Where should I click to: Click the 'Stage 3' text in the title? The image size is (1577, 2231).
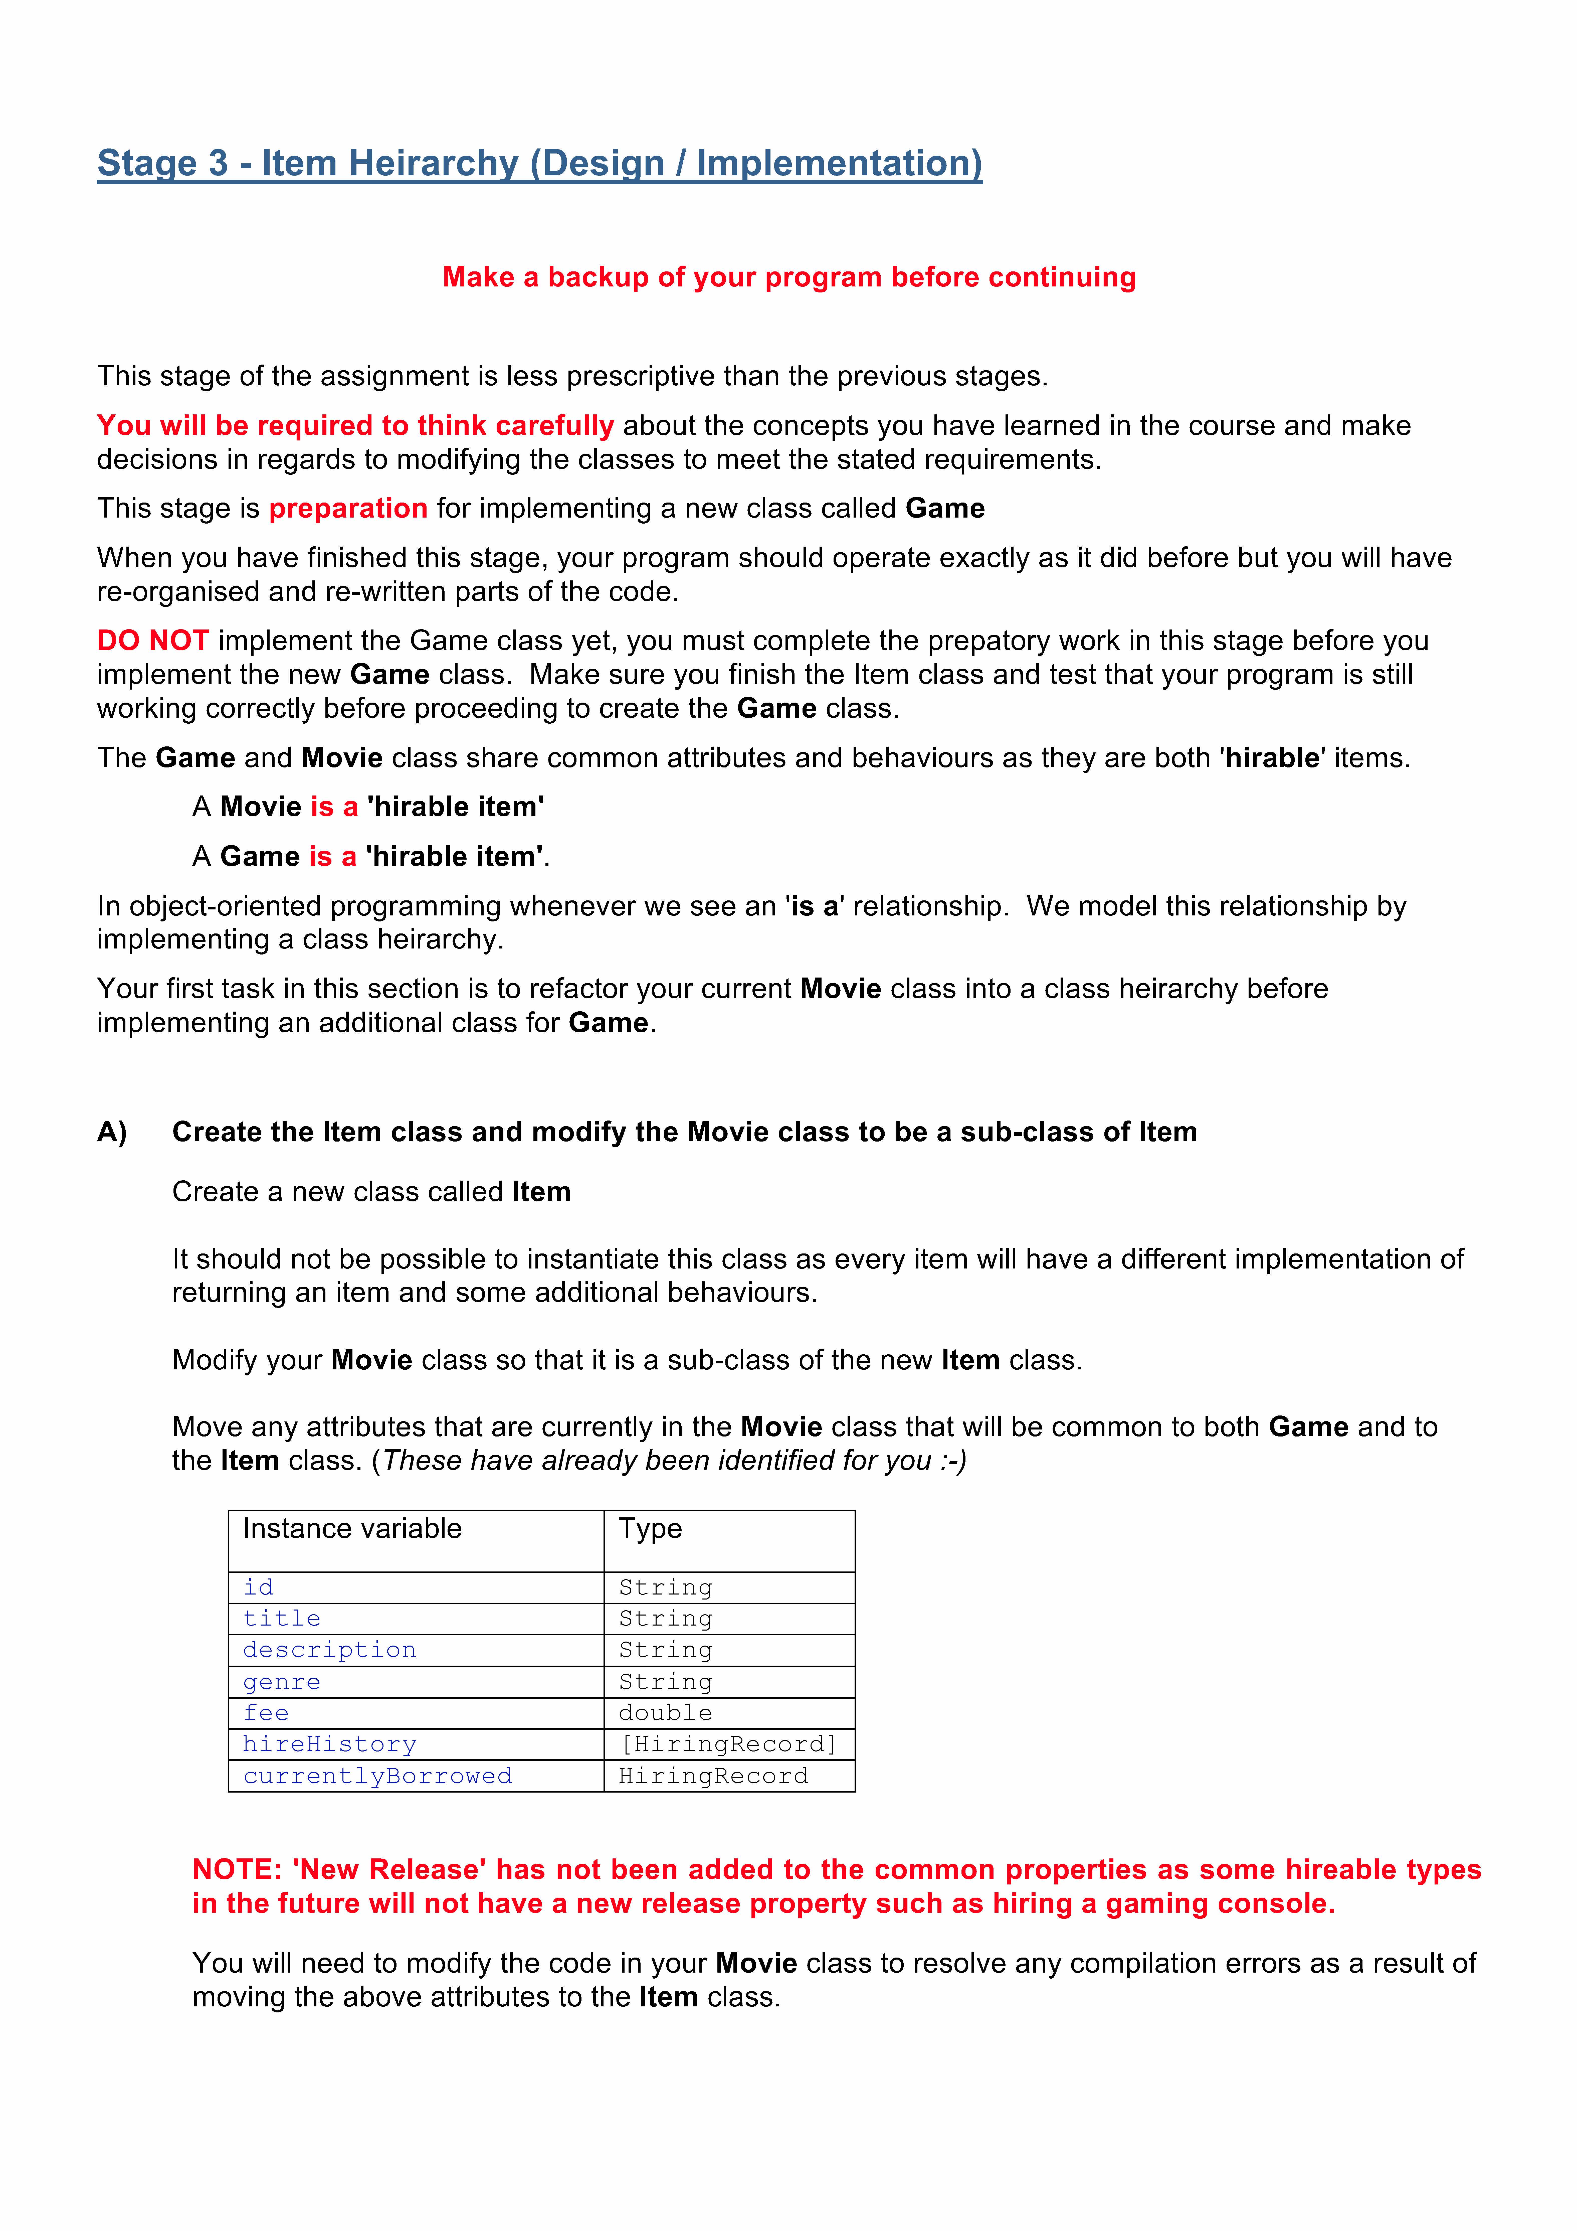tap(162, 163)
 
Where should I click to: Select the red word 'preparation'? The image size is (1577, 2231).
tap(348, 508)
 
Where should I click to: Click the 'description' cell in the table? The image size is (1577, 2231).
tap(329, 1650)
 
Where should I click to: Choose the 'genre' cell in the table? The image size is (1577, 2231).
tap(282, 1682)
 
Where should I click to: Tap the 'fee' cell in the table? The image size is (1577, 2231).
tap(266, 1713)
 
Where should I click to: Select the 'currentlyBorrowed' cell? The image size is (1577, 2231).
tap(377, 1776)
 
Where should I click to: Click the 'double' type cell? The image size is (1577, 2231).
tap(666, 1713)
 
